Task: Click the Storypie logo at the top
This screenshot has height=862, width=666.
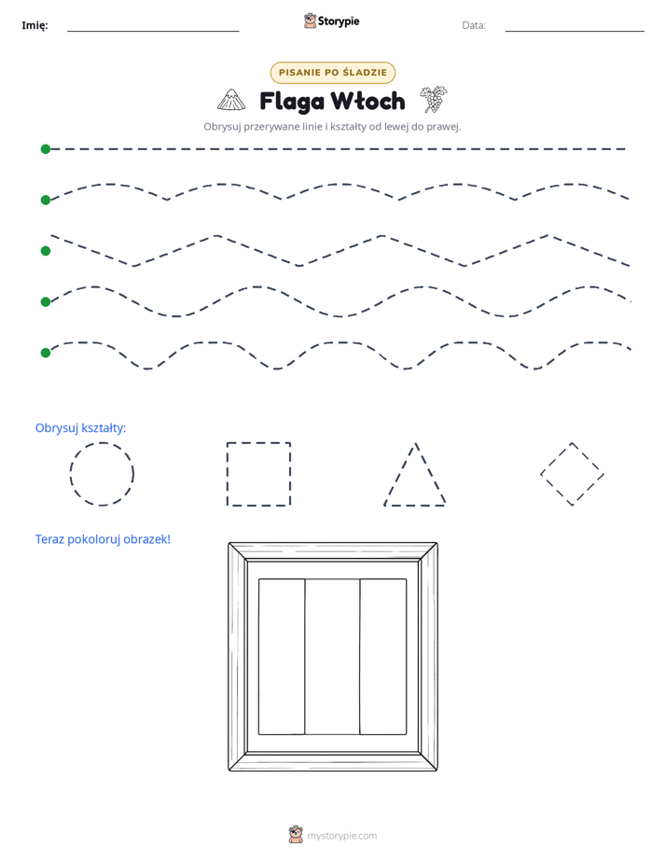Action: click(x=331, y=21)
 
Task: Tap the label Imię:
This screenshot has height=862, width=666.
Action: click(x=35, y=25)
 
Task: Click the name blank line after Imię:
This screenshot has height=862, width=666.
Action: click(x=153, y=31)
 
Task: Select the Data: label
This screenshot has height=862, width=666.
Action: click(x=474, y=25)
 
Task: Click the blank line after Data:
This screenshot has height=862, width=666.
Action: click(x=575, y=31)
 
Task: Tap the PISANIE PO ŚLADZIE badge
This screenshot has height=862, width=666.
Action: click(x=332, y=72)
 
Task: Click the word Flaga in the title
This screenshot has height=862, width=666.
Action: click(x=292, y=101)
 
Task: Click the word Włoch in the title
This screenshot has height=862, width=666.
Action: click(x=368, y=101)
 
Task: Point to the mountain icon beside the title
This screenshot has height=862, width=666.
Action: click(x=231, y=100)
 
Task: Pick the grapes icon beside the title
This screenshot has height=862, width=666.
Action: click(x=434, y=99)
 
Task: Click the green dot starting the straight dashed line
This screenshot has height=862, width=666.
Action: click(x=46, y=149)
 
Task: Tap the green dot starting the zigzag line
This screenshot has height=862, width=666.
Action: click(x=46, y=251)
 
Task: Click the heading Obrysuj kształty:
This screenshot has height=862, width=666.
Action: click(x=81, y=427)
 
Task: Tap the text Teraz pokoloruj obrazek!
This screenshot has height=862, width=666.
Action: click(x=103, y=539)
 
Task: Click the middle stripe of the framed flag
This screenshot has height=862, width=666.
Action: click(x=332, y=657)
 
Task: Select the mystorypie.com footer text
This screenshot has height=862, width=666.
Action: click(x=341, y=836)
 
